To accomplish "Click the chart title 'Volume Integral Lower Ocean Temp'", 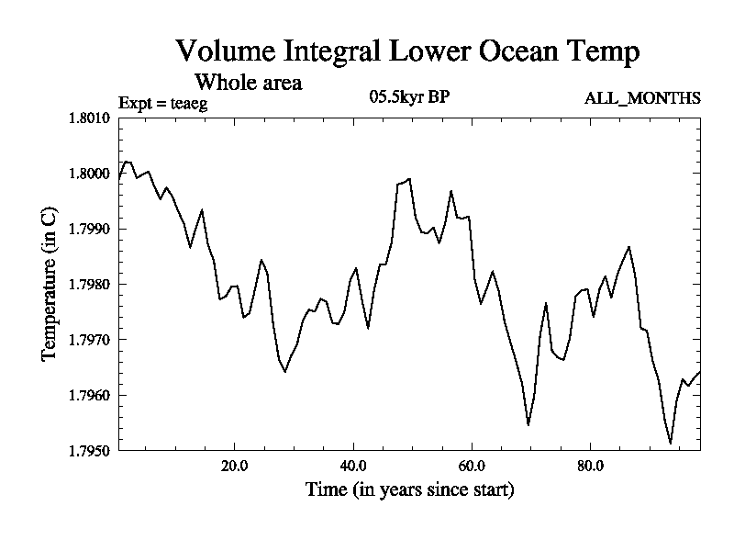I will click(407, 51).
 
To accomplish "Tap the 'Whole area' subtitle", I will click(248, 82).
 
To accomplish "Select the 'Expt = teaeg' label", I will click(163, 103).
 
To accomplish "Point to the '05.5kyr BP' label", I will click(408, 98).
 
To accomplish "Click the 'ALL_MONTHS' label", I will click(642, 98).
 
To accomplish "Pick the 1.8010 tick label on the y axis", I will click(89, 118).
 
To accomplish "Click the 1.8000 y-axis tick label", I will click(89, 174).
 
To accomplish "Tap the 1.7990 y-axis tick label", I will click(89, 229).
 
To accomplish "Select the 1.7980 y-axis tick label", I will click(89, 285).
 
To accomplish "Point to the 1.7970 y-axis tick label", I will click(89, 340).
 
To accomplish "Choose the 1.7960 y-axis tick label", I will click(89, 395).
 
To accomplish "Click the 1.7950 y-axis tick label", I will click(89, 451).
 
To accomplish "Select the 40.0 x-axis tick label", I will click(353, 466).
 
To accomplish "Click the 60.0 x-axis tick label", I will click(472, 466).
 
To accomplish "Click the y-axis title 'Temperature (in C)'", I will click(50, 285).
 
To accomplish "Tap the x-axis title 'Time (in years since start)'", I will click(409, 489).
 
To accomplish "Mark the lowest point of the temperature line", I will click(671, 444).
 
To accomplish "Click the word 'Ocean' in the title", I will click(519, 51).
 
